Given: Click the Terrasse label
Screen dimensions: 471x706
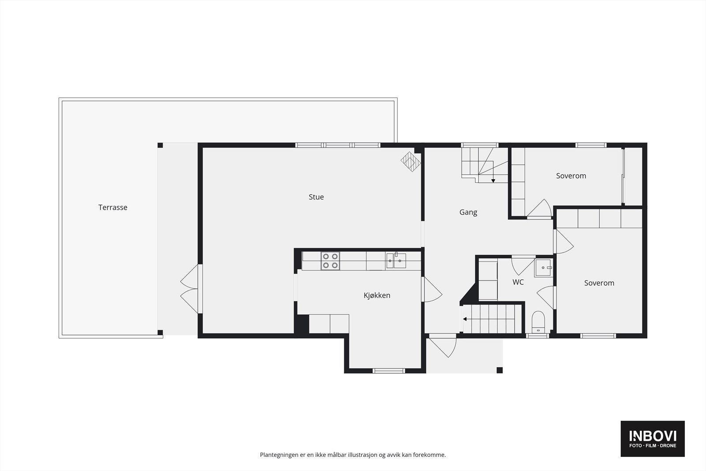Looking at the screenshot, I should [113, 207].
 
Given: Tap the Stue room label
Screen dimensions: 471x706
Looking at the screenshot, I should [316, 197].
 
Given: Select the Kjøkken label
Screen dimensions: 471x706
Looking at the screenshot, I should [377, 296].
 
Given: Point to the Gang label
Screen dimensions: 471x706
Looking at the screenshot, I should [468, 212].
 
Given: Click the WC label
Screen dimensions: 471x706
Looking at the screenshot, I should [518, 282].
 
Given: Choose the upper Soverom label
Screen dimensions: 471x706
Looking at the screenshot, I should [571, 176].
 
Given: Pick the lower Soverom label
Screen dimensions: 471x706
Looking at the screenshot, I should [599, 283].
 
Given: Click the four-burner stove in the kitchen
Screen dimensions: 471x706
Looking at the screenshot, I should [330, 261].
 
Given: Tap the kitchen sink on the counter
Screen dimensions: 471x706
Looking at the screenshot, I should [396, 261].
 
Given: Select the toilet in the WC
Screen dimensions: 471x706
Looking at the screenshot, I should [538, 321].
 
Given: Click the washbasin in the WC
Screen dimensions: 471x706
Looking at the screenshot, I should [543, 268].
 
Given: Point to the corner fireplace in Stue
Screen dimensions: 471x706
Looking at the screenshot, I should [410, 162].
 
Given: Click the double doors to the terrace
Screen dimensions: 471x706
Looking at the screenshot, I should [190, 289].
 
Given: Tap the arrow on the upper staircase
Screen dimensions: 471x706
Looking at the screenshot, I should [493, 181].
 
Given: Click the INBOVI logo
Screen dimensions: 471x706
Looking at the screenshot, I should [652, 438].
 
